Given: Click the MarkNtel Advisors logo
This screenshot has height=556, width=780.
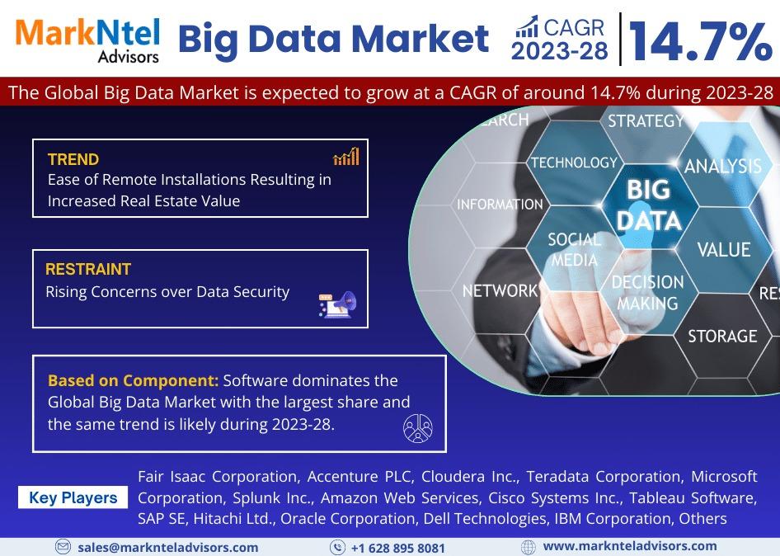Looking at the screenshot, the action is [x=87, y=40].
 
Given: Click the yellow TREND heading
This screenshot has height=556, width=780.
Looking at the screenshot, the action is [x=73, y=159].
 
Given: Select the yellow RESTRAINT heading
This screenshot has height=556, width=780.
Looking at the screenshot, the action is [x=88, y=269].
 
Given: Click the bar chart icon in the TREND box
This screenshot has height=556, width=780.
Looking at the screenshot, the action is [x=346, y=156].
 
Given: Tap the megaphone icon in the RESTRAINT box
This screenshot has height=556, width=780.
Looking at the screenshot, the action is [x=338, y=304].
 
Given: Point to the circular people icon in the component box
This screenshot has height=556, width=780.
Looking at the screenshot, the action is [x=417, y=428].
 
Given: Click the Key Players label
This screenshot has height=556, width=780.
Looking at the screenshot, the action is [x=73, y=497].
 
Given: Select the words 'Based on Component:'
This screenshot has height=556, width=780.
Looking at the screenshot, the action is [x=134, y=381].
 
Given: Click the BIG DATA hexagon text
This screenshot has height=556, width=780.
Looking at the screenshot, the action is [x=649, y=205].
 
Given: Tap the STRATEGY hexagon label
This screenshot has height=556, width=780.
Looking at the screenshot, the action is [x=646, y=121].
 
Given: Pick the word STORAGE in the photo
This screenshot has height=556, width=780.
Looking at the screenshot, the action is [x=722, y=337].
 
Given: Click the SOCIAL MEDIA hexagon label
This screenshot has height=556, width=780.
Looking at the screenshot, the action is [x=574, y=250].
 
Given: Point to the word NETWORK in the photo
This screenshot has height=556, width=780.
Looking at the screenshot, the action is [x=500, y=290].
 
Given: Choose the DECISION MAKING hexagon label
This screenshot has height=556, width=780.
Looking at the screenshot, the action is [x=648, y=293].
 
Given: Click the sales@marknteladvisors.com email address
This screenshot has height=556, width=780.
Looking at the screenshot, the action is [x=167, y=548].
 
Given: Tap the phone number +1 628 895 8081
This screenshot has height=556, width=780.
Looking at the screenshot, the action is [x=398, y=548].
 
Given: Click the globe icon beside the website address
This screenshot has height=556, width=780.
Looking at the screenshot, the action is [x=529, y=547].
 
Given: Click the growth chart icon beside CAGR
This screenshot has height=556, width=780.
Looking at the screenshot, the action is [x=527, y=27].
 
